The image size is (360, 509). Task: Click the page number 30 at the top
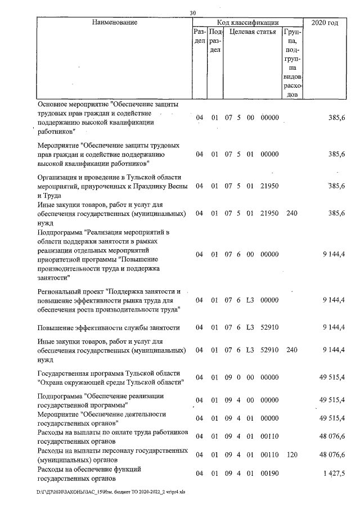click(x=193, y=13)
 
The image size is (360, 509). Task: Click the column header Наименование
click(x=115, y=22)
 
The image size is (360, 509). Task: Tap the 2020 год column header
click(x=324, y=22)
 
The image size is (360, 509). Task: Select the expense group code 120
click(x=291, y=454)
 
